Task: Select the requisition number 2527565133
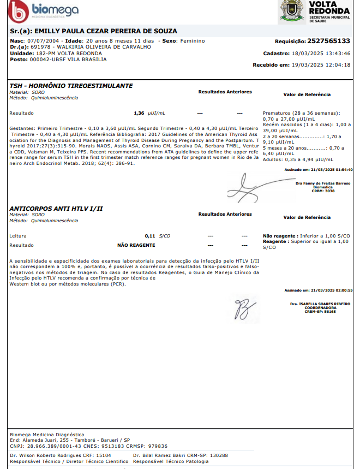(x=328, y=41)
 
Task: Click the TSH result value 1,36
(x=139, y=113)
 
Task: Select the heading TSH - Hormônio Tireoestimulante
(x=71, y=86)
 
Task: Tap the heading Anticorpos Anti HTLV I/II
(x=56, y=209)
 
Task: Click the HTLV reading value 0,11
(x=150, y=235)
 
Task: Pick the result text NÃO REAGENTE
(x=136, y=245)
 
